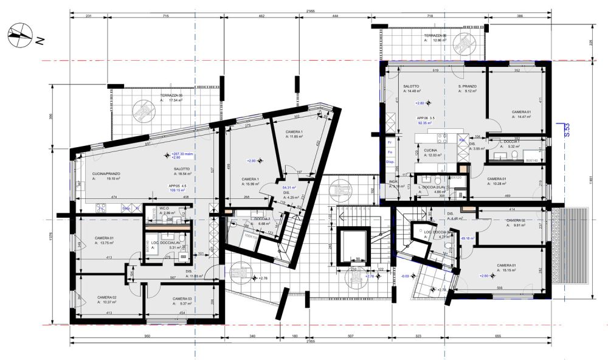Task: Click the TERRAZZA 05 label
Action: pos(172,96)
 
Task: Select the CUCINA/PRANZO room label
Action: pos(105,173)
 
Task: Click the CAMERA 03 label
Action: pos(182,299)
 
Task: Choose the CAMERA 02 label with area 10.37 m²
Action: pos(106,297)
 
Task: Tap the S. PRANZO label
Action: pos(467,86)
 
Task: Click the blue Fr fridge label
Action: pos(389,142)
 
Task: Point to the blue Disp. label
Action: pos(390,162)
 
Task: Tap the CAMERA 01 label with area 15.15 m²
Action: pos(506,266)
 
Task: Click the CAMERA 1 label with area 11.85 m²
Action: pos(294,133)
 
